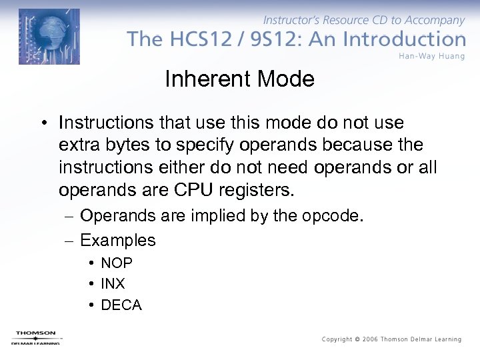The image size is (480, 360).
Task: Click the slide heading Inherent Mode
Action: [x=239, y=79]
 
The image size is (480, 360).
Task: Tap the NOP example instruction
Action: [x=117, y=263]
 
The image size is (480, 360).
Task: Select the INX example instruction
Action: [x=113, y=284]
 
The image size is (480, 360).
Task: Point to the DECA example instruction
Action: [x=121, y=305]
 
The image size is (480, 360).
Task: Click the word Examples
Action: [x=118, y=240]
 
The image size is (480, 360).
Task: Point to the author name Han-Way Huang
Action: [x=431, y=55]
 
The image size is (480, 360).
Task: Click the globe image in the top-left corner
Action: [x=49, y=37]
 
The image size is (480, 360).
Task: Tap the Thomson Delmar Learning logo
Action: [x=37, y=338]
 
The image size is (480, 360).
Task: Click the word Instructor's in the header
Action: [x=290, y=21]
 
